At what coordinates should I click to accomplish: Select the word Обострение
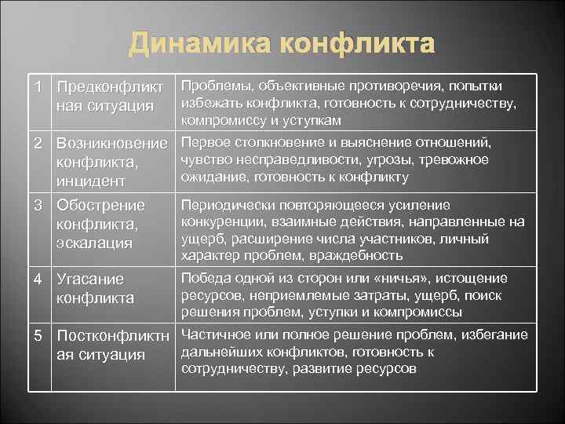point(101,206)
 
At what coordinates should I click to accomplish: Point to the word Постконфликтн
point(113,335)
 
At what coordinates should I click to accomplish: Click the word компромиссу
point(222,121)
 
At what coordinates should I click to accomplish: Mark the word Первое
point(206,142)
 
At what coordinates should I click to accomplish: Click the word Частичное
point(218,334)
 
